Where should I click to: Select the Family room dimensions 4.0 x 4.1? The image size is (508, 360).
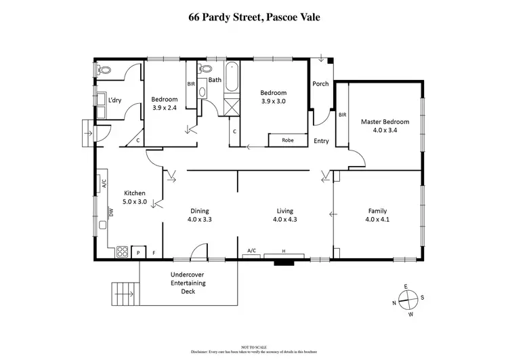coord(378,219)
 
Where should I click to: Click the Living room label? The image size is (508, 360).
coord(284,210)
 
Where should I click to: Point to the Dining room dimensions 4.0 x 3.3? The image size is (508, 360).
coord(200,219)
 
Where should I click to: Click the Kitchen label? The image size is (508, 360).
coord(135,193)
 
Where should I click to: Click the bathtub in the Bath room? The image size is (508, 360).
coord(233,77)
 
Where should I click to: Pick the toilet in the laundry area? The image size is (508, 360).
coord(104,70)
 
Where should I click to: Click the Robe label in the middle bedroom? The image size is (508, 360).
coord(288,141)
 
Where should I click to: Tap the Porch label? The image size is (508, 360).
coord(320,84)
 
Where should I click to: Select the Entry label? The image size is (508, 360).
coord(322,141)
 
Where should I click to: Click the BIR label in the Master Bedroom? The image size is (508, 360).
coord(342,115)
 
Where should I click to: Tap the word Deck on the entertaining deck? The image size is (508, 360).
coord(188,292)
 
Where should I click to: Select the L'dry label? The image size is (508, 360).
coord(114,100)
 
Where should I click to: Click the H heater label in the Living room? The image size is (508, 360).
coord(283,252)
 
